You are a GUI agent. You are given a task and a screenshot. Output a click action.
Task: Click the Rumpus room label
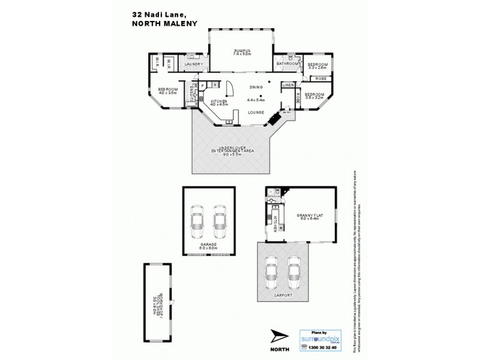point(241,51)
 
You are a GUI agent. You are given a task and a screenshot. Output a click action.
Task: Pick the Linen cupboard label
point(287,85)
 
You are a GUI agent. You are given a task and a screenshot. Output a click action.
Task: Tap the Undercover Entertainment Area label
point(230,149)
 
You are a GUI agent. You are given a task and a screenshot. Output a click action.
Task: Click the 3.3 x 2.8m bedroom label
point(317,66)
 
